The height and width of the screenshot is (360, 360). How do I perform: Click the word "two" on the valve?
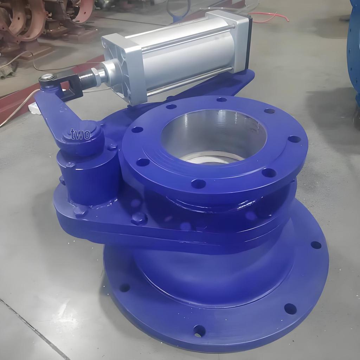80,134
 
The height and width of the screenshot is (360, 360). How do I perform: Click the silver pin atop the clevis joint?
47,77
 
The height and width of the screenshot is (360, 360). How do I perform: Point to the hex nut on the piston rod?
95,75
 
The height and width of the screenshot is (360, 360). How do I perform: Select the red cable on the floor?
271,17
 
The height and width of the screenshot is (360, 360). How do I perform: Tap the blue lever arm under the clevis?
56,112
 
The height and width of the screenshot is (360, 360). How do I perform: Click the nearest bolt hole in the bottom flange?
199,330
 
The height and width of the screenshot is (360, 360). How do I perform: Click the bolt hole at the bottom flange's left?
124,288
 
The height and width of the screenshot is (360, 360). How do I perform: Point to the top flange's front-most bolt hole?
198,184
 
